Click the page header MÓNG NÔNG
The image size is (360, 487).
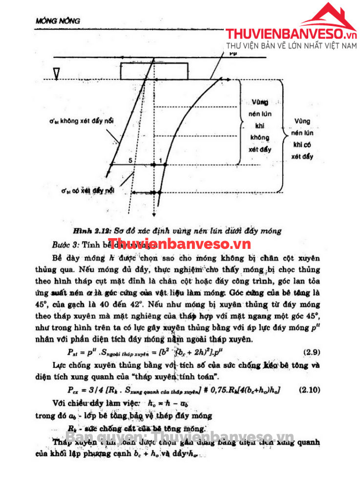pos(58,21)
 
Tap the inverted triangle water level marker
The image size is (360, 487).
pos(57,73)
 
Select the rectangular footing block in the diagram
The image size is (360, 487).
pos(153,71)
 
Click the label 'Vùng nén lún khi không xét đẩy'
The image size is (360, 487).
pos(260,126)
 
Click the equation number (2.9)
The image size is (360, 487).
pos(313,352)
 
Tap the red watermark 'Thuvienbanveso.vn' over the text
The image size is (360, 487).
pos(179,243)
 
